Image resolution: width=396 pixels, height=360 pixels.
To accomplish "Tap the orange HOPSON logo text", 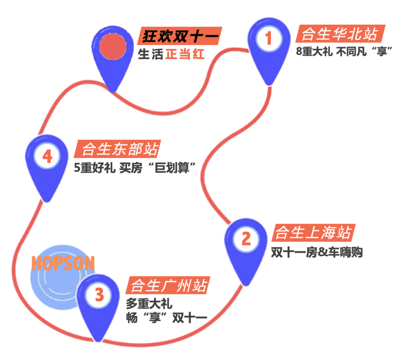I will (63, 263).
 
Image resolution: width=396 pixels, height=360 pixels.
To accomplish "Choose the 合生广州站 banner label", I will (169, 285).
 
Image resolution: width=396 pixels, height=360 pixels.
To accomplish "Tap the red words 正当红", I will (185, 55).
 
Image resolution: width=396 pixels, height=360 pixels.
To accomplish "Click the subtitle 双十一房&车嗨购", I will (317, 252).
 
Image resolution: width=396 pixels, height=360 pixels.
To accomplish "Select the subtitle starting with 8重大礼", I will (343, 52).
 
